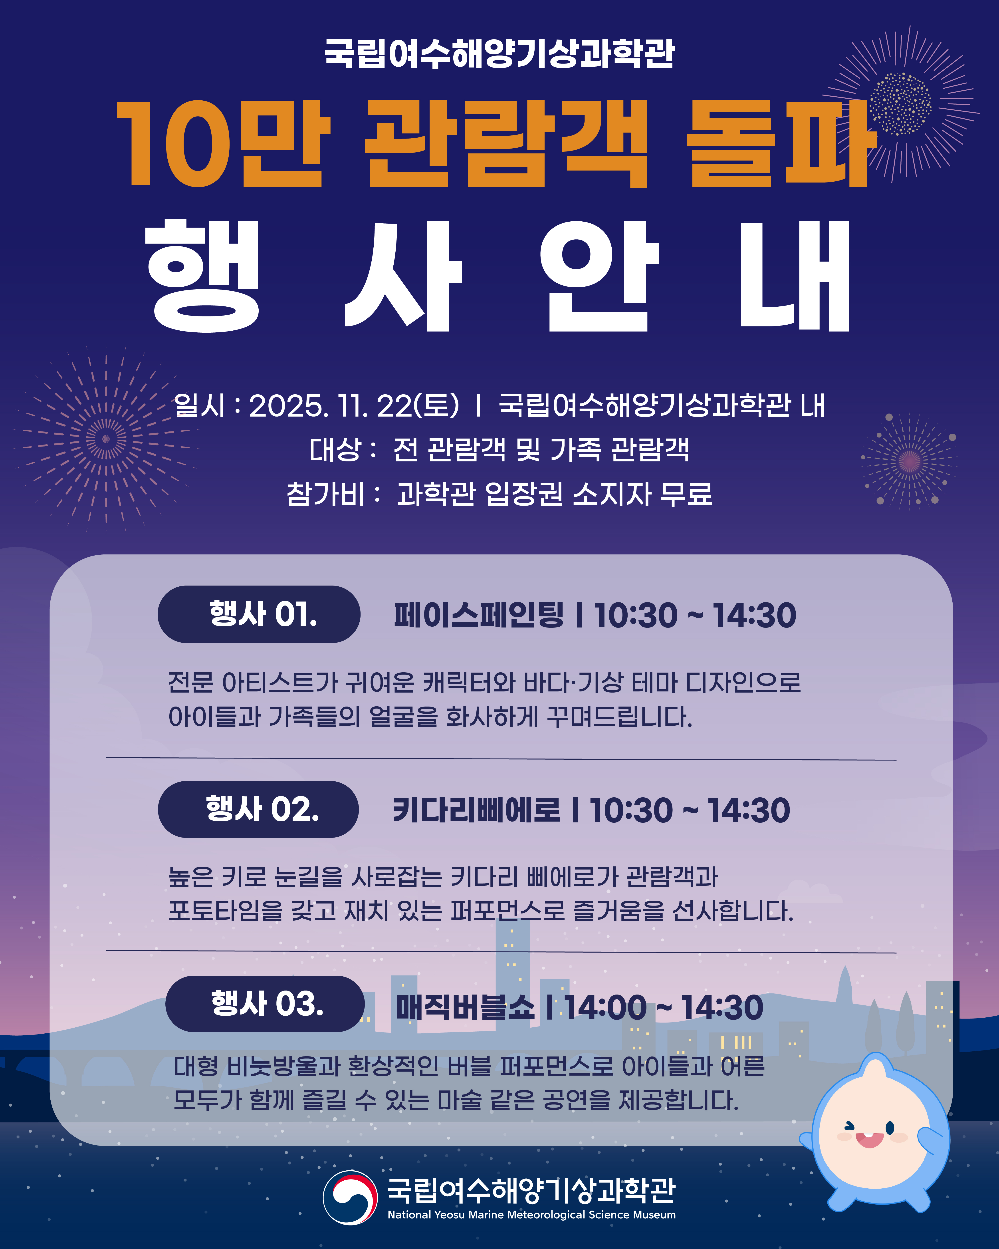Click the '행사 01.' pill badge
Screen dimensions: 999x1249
click(x=259, y=614)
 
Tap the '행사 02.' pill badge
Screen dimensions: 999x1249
click(x=258, y=809)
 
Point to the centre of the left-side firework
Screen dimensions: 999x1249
click(x=106, y=439)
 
